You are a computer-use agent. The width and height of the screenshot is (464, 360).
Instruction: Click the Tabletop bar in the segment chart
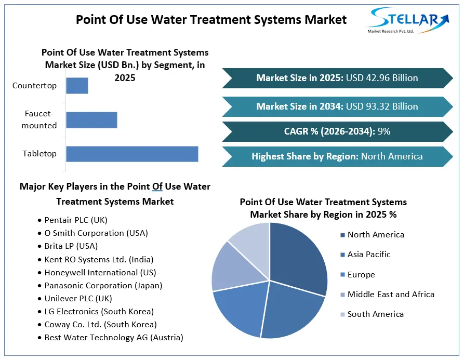132,154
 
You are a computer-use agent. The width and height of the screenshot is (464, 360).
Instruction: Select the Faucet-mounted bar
91,120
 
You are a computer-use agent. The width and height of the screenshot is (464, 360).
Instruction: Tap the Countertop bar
77,86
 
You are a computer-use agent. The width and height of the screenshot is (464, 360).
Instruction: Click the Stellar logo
408,20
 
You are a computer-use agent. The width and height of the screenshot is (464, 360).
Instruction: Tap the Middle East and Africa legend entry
387,295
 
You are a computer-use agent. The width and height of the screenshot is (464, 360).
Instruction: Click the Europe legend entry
357,274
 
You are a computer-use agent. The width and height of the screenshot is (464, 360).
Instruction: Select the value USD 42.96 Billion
382,78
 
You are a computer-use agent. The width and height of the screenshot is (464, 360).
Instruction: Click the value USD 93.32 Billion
382,106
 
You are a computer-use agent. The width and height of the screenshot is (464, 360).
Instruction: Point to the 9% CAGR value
384,131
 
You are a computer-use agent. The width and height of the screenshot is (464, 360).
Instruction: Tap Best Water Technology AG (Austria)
111,338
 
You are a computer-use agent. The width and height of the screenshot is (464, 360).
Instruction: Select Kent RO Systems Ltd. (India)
96,259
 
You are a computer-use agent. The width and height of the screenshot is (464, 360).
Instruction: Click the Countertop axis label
34,86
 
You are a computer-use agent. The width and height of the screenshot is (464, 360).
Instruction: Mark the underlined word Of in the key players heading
157,186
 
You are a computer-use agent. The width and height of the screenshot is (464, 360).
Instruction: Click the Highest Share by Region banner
337,156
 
